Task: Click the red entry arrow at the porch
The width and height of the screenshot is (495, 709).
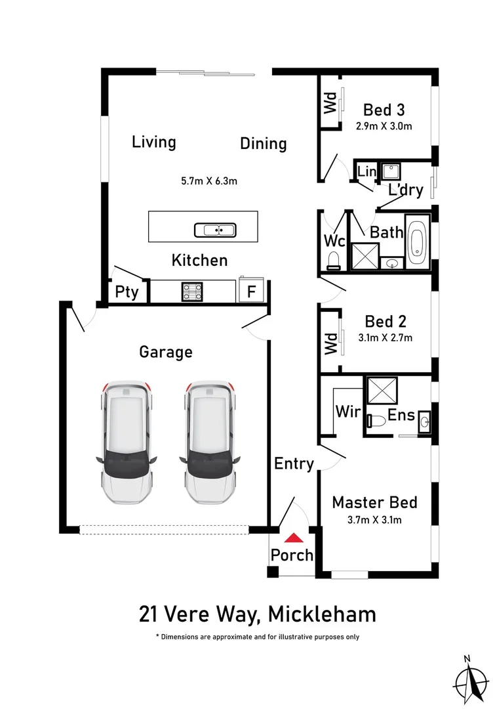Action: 294,538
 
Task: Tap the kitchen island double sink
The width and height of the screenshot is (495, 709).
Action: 215,230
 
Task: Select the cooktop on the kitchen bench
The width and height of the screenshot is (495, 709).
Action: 192,291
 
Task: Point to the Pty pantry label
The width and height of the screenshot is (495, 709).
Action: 127,292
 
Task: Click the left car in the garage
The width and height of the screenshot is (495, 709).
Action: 127,442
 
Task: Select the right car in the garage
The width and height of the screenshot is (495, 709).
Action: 210,442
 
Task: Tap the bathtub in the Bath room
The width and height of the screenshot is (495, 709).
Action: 418,242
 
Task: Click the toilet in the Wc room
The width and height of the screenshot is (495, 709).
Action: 333,261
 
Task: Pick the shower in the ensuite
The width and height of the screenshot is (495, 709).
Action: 382,390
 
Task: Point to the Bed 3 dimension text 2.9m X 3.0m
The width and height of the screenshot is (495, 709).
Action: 384,126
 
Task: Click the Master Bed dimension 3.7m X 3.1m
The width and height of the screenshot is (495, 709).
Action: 374,520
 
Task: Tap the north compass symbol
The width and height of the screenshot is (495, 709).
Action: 471,681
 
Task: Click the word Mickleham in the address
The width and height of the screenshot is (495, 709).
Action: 322,614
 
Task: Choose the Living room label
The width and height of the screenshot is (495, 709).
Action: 154,142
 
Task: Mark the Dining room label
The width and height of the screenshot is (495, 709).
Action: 264,143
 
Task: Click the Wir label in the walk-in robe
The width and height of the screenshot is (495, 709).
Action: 347,412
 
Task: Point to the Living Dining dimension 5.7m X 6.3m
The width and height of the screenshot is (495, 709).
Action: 209,181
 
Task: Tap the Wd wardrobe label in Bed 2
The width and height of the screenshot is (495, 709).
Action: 331,343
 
